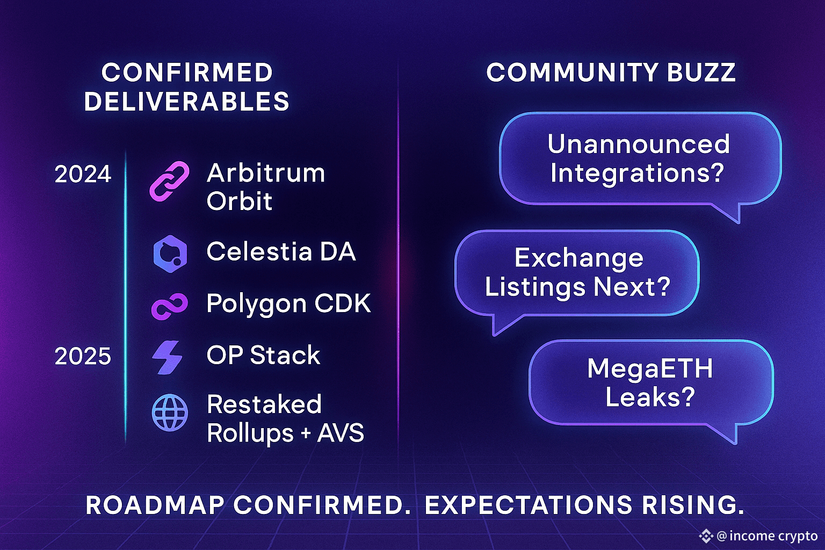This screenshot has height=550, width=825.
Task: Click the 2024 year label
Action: tap(83, 174)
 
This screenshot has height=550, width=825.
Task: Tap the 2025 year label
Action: tap(83, 356)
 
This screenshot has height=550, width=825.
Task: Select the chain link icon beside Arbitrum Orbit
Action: tap(169, 181)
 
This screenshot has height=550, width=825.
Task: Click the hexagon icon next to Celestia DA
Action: tap(170, 254)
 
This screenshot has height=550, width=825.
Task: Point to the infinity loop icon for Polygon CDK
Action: tap(170, 306)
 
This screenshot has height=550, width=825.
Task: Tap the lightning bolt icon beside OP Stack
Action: tap(167, 357)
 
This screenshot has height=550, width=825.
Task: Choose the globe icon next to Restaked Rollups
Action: tap(170, 412)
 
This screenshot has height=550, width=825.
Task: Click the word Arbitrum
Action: tap(266, 173)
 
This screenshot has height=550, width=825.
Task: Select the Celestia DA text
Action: tap(281, 251)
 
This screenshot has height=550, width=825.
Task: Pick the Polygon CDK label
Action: tap(288, 304)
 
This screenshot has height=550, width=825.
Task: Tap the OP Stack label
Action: tap(263, 355)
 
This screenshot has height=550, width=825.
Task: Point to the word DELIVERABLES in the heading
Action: tap(187, 102)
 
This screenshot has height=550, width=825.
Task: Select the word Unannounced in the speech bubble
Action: tap(639, 143)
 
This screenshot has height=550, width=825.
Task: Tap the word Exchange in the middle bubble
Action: tap(579, 258)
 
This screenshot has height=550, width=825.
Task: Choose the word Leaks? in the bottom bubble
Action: tap(650, 397)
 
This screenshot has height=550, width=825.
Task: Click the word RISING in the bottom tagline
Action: tap(693, 505)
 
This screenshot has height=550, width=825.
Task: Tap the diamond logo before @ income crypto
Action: tap(706, 536)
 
